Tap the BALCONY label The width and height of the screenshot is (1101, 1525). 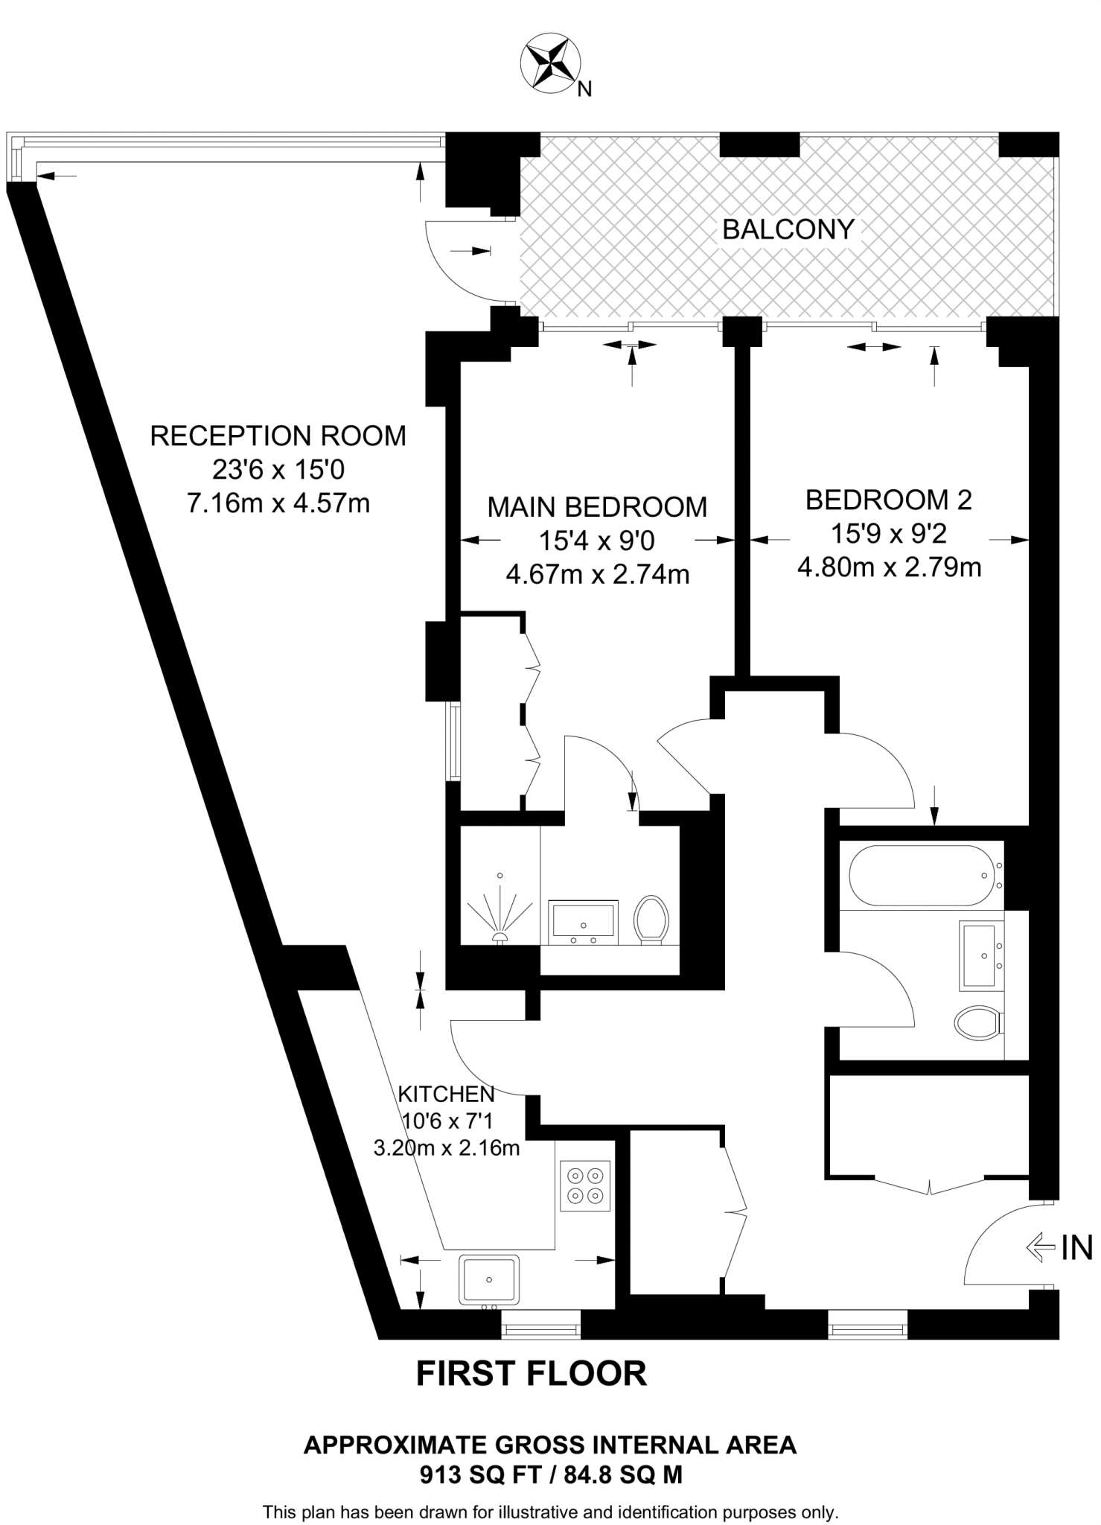coord(788,229)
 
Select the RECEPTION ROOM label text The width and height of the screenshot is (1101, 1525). coord(278,436)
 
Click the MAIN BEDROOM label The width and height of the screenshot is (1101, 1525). coord(597,507)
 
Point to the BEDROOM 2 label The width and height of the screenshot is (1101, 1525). coord(889,500)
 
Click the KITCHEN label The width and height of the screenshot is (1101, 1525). coord(446,1094)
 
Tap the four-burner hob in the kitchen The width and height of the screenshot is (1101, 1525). coord(584,1185)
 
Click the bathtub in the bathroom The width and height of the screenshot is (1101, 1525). coord(924,876)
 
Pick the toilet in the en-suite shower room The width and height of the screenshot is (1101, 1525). coord(652,919)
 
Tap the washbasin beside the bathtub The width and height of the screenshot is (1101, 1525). coord(982,955)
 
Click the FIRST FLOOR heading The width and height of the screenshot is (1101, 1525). coord(531,1374)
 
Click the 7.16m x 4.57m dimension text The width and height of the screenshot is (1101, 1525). coord(278,504)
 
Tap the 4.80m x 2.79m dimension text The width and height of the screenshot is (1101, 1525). coord(889,568)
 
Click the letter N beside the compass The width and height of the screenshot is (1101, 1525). coord(585,90)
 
